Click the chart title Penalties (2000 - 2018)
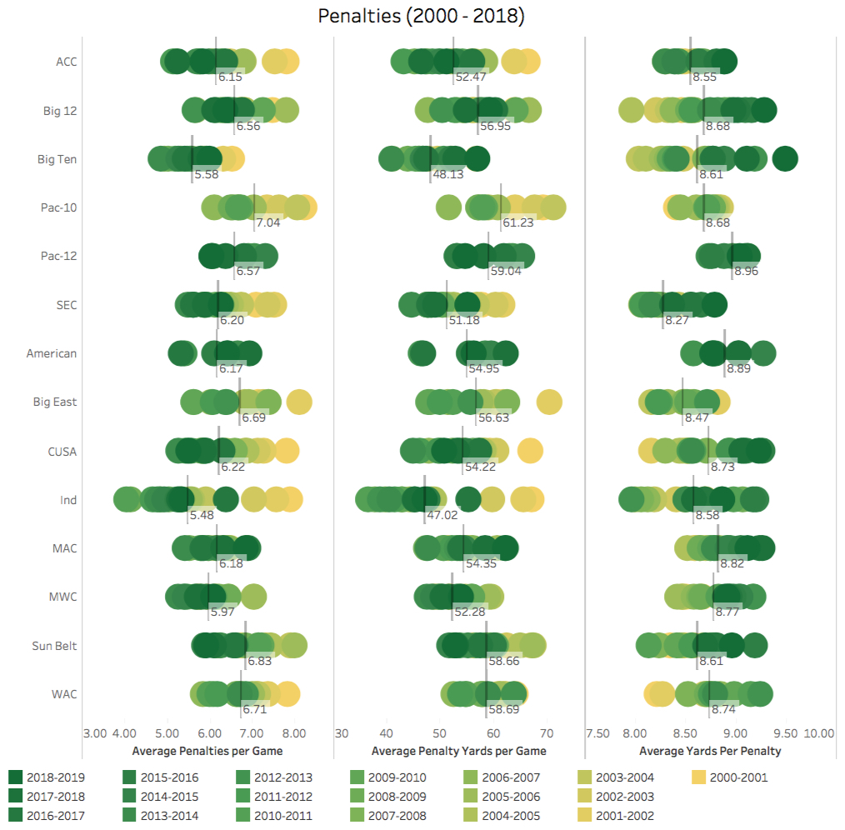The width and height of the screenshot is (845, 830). pos(422,17)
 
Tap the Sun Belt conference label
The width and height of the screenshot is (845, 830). pos(55,645)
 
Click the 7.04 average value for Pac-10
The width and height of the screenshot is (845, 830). pos(267,222)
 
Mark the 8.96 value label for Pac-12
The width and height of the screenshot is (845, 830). pos(746,271)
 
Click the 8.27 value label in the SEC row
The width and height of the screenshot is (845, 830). pos(677,319)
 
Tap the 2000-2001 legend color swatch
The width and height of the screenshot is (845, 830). pos(700,777)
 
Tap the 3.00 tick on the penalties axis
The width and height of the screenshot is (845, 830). pos(94,733)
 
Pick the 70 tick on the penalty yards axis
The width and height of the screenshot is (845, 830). pos(547,733)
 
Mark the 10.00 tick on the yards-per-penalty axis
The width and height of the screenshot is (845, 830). pos(818,733)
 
